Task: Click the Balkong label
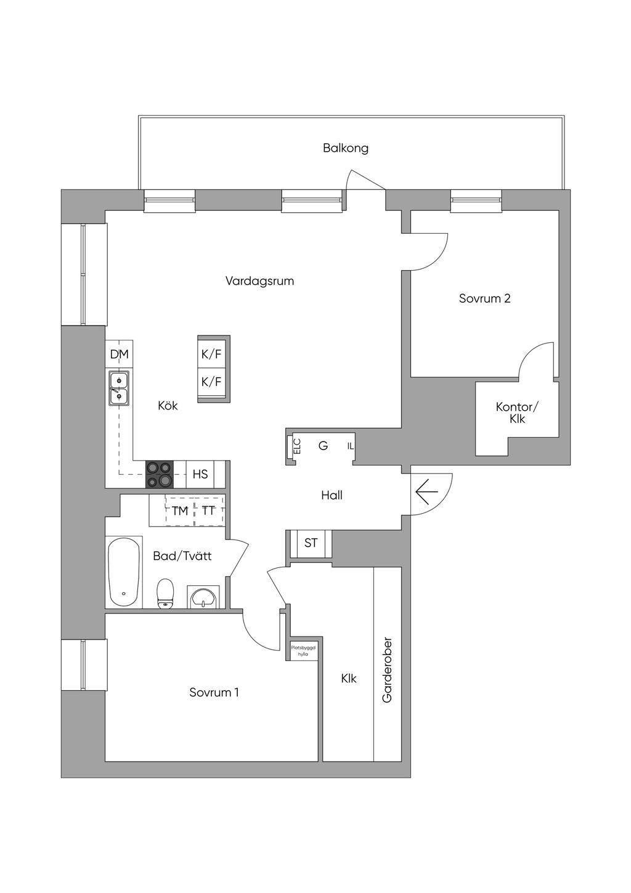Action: pos(345,148)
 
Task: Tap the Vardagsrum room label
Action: pos(259,281)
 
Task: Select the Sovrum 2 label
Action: pos(484,298)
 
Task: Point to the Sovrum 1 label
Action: pos(214,692)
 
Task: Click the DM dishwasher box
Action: pos(119,354)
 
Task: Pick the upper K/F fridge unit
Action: pos(211,353)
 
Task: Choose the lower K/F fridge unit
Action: pos(211,382)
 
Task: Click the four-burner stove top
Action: pos(160,474)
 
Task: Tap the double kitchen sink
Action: pos(119,389)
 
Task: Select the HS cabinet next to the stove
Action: pos(200,474)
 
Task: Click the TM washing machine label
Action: pos(180,511)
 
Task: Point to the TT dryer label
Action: pos(208,511)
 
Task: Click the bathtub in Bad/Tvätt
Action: pos(124,572)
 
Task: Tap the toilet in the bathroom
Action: pos(165,593)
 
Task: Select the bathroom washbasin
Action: pos(203,597)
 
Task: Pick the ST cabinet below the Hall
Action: pos(311,543)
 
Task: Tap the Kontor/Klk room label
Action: pos(516,413)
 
